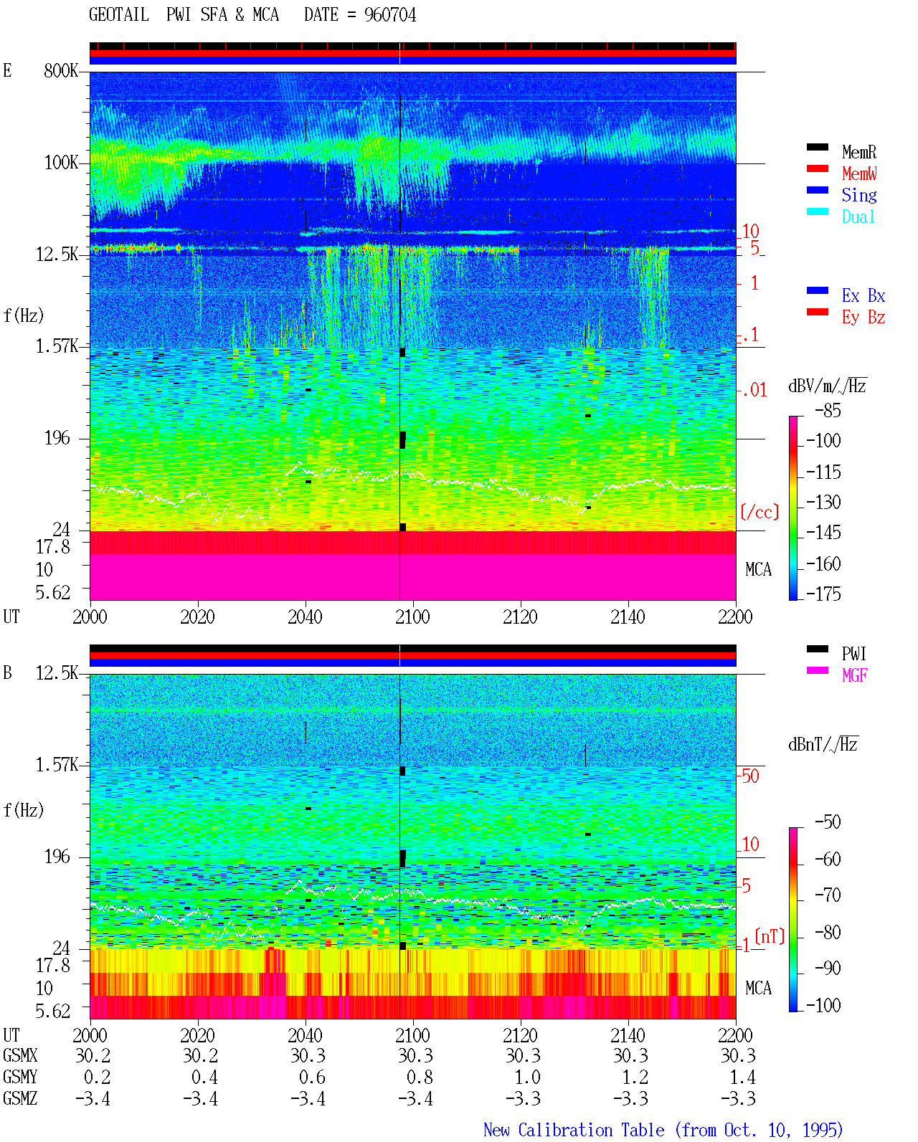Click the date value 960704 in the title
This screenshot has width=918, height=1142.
point(389,15)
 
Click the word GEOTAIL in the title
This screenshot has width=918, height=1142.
point(119,15)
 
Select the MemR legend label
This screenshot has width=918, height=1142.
point(859,152)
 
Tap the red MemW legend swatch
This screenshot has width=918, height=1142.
point(817,168)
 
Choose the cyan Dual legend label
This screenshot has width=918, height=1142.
point(858,216)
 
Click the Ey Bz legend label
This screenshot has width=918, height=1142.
point(863,317)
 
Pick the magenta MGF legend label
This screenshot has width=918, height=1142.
point(854,675)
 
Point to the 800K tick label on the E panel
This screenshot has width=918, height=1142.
point(61,70)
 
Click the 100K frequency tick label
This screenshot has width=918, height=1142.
point(61,163)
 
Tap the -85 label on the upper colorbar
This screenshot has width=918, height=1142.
point(828,410)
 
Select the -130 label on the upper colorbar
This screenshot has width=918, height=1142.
point(823,502)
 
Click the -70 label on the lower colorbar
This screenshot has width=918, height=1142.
point(828,895)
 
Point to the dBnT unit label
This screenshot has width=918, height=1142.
point(823,744)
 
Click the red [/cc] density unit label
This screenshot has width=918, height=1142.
point(760,512)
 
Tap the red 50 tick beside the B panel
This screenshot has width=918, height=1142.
point(750,776)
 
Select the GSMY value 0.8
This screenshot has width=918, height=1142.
point(420,1077)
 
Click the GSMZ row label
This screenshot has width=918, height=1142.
point(20,1098)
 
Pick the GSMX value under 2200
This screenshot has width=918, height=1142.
point(738,1055)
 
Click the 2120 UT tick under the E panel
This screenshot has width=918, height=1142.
point(521,617)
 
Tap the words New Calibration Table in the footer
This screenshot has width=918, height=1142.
point(574,1130)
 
